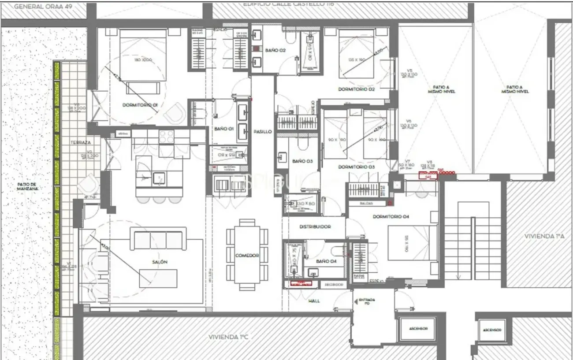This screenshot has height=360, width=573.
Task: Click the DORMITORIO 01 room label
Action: tap(140, 105)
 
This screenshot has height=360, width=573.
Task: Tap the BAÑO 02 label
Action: tap(276, 51)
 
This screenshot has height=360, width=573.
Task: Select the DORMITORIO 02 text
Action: tap(356, 89)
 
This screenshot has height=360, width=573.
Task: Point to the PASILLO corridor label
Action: tap(262, 132)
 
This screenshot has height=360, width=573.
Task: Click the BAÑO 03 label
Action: tap(302, 161)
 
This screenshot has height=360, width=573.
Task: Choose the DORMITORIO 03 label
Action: tap(356, 167)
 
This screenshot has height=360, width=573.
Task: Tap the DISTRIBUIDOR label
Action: tap(315, 226)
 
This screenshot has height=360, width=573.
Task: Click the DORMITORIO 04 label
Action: tap(391, 217)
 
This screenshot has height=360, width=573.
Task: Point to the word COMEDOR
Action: tap(247, 256)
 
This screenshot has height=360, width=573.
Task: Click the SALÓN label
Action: tap(160, 262)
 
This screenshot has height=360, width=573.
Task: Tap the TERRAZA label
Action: tap(81, 143)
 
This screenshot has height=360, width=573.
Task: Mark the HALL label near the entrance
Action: tap(315, 301)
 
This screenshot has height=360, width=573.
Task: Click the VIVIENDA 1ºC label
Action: tap(229, 337)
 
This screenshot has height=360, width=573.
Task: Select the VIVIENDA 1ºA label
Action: tap(544, 236)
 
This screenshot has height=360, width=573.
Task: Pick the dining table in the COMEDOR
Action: tap(247, 255)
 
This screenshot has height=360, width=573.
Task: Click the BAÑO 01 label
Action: tap(223, 129)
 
